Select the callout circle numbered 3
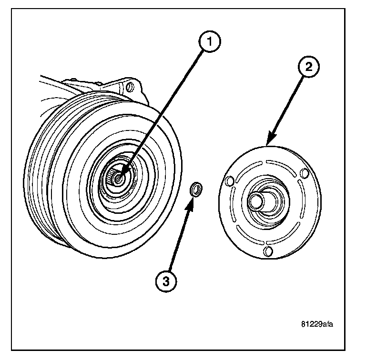tap(165, 281)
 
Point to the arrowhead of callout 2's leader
tap(270, 142)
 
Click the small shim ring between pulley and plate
tap(195, 190)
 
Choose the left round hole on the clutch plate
tap(229, 181)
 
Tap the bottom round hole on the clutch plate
tap(268, 250)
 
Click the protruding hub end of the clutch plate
tap(256, 200)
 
